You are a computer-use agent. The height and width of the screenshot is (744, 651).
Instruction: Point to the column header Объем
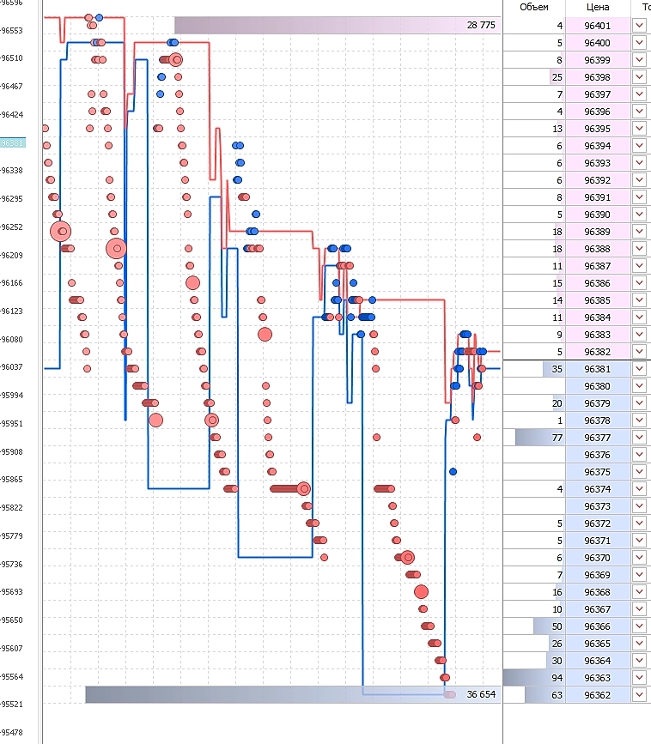tap(534, 7)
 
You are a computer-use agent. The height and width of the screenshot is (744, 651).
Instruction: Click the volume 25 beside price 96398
tap(557, 77)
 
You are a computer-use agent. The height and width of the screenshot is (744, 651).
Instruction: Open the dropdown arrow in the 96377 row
tap(639, 438)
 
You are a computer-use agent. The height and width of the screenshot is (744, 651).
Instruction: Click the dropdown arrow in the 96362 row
tap(639, 695)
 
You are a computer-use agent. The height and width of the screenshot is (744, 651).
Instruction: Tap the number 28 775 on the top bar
tap(481, 26)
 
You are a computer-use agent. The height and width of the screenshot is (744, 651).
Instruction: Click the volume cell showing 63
tap(556, 695)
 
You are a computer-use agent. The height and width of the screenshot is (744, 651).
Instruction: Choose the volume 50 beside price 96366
tap(557, 626)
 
